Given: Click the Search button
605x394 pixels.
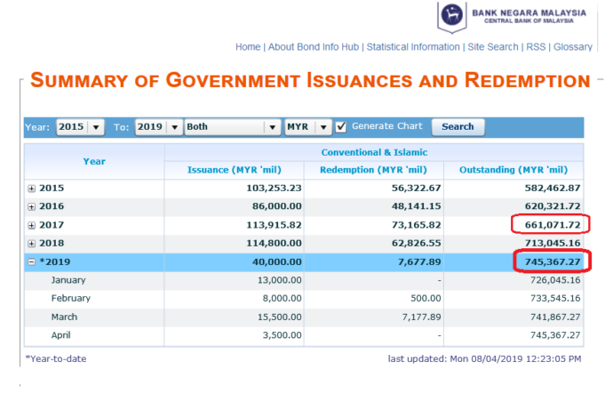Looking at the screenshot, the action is [x=458, y=126].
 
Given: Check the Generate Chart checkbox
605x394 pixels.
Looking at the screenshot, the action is [x=340, y=126].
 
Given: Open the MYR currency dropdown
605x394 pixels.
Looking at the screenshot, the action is [x=308, y=127].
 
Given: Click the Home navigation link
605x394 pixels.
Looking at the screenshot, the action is [x=248, y=47].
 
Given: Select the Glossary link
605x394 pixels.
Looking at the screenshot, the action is [x=573, y=47].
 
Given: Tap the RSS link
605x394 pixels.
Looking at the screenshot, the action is [x=536, y=47].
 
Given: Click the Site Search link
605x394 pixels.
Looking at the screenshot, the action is [x=493, y=47].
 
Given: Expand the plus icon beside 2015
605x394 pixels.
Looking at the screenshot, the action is [x=32, y=189].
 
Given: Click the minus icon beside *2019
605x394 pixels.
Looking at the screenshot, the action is [x=32, y=261].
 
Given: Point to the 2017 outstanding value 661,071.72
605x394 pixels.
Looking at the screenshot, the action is [x=552, y=225].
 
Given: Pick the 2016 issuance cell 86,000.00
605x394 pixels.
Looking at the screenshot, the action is [x=277, y=206].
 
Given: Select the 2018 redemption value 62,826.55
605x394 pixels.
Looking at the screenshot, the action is [x=417, y=244].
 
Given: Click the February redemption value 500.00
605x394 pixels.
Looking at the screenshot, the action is [x=426, y=298].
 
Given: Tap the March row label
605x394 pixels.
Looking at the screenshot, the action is [x=65, y=318].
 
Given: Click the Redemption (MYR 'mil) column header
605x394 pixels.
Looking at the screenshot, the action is [x=373, y=170].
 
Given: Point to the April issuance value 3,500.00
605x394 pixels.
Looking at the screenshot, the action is [x=282, y=335].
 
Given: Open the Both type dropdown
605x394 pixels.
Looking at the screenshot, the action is [x=233, y=127].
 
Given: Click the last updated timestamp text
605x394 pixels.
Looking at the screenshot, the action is [x=484, y=358].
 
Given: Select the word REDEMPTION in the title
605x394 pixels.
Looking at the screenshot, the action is [x=528, y=80].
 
